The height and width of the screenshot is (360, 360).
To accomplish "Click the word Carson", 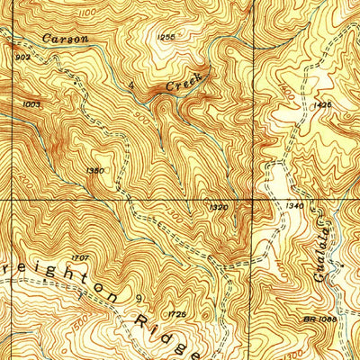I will pyautogui.click(x=67, y=40).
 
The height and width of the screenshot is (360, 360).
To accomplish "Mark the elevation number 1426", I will pyautogui.click(x=324, y=105).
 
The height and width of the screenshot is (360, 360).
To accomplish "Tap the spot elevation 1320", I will pyautogui.click(x=218, y=206).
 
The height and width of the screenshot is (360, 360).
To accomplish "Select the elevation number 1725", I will pyautogui.click(x=177, y=313).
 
